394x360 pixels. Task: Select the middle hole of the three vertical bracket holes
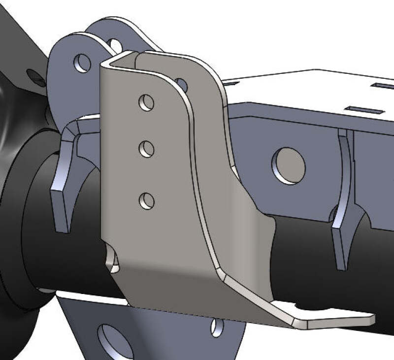tap(147, 149)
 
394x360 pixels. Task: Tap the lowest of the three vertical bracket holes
tap(146, 200)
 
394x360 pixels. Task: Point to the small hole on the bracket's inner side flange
tap(181, 84)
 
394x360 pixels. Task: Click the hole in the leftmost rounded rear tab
tap(82, 63)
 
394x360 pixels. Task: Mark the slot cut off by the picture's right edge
tap(384, 86)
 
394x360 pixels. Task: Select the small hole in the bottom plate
tap(216, 327)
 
